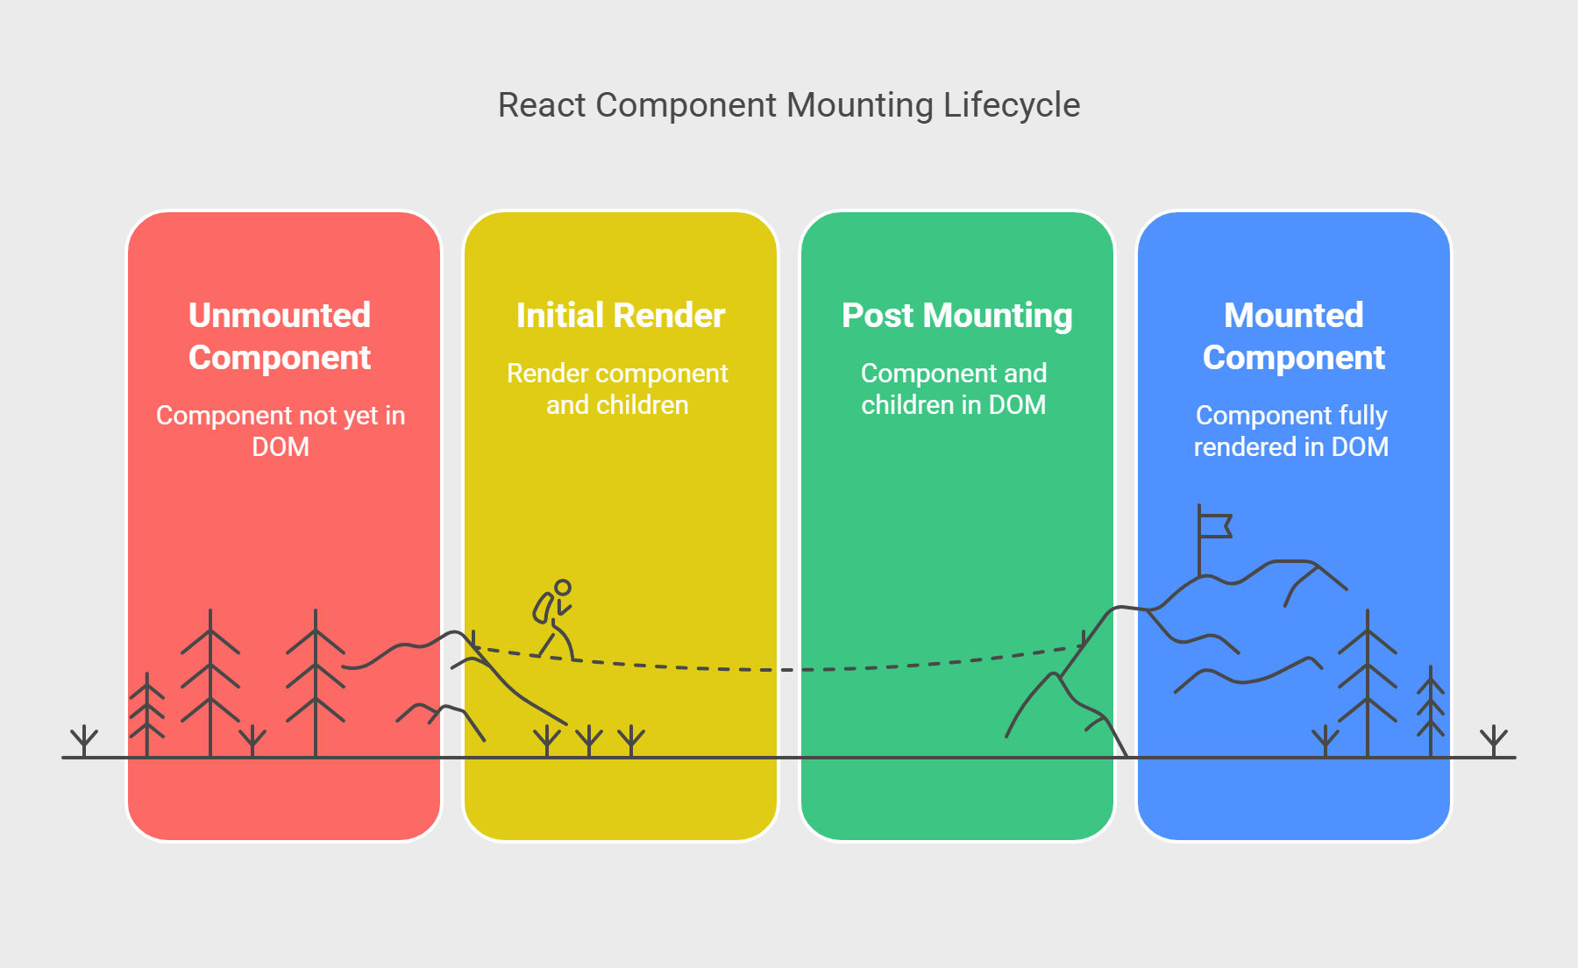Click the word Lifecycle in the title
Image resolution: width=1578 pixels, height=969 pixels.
tap(1012, 105)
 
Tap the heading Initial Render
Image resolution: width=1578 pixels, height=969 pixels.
tap(621, 316)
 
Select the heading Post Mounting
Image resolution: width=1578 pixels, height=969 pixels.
tap(957, 317)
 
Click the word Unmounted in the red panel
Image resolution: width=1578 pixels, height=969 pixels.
tap(280, 316)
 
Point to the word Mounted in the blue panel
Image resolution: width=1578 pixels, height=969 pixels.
tap(1294, 316)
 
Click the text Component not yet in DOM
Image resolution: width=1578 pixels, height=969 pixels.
tap(281, 431)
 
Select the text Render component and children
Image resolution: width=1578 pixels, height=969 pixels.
tap(617, 388)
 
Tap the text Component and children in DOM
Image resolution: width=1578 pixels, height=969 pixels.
tap(954, 388)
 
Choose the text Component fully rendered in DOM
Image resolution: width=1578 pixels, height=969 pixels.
tap(1291, 431)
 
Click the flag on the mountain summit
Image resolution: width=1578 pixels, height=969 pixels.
tap(1215, 525)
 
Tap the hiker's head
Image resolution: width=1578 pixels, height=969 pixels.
tap(563, 588)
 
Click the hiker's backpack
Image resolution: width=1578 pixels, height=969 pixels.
tap(544, 608)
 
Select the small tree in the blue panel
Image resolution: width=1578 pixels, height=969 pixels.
tap(1431, 711)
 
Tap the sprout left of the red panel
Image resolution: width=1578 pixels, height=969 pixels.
tap(84, 741)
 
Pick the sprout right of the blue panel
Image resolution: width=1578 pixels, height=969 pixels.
tap(1494, 741)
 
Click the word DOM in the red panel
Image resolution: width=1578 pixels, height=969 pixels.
tap(281, 447)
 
